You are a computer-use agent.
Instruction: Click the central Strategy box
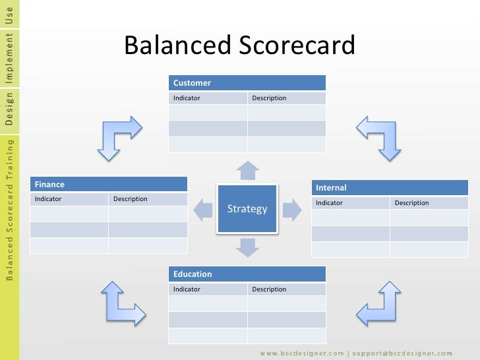tap(247, 209)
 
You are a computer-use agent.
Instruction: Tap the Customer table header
tap(247, 83)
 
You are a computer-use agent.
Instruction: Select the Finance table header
tap(109, 185)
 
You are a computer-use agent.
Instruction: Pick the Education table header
tap(247, 274)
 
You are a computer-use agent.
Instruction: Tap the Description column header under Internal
tap(429, 203)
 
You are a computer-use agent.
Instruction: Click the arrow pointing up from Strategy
tap(247, 170)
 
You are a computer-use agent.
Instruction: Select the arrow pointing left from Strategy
tap(202, 210)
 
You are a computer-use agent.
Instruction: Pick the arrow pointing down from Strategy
tap(247, 247)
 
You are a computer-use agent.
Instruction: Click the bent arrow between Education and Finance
tap(119, 303)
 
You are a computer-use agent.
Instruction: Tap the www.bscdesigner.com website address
tap(301, 352)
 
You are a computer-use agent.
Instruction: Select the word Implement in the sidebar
tap(9, 58)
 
